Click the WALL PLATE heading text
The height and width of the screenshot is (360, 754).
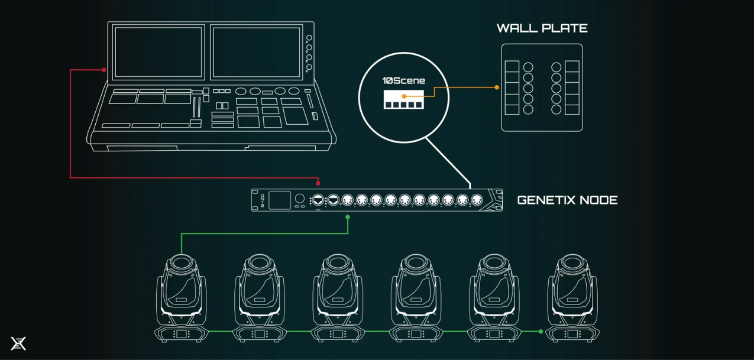pyautogui.click(x=542, y=28)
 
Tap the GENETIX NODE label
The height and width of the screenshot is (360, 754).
pyautogui.click(x=567, y=200)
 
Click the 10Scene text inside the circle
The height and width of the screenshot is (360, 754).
pyautogui.click(x=403, y=81)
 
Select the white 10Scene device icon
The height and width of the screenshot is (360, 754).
pyautogui.click(x=403, y=99)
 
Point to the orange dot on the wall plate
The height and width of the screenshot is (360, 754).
pyautogui.click(x=497, y=87)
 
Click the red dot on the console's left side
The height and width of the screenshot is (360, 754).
pyautogui.click(x=104, y=70)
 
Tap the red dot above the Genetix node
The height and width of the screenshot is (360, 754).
pyautogui.click(x=318, y=183)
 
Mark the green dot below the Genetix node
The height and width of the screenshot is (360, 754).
pyautogui.click(x=348, y=217)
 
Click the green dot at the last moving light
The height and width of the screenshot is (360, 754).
pyautogui.click(x=541, y=332)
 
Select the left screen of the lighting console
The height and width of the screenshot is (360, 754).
pyautogui.click(x=158, y=53)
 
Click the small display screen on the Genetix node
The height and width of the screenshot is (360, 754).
pyautogui.click(x=280, y=200)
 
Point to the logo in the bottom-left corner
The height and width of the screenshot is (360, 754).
pyautogui.click(x=18, y=343)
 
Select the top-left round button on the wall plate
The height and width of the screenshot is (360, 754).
pyautogui.click(x=528, y=67)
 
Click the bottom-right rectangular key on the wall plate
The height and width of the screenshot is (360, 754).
pyautogui.click(x=572, y=109)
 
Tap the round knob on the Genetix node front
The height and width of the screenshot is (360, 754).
pyautogui.click(x=300, y=199)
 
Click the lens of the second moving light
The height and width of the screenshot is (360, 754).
pyautogui.click(x=260, y=262)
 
